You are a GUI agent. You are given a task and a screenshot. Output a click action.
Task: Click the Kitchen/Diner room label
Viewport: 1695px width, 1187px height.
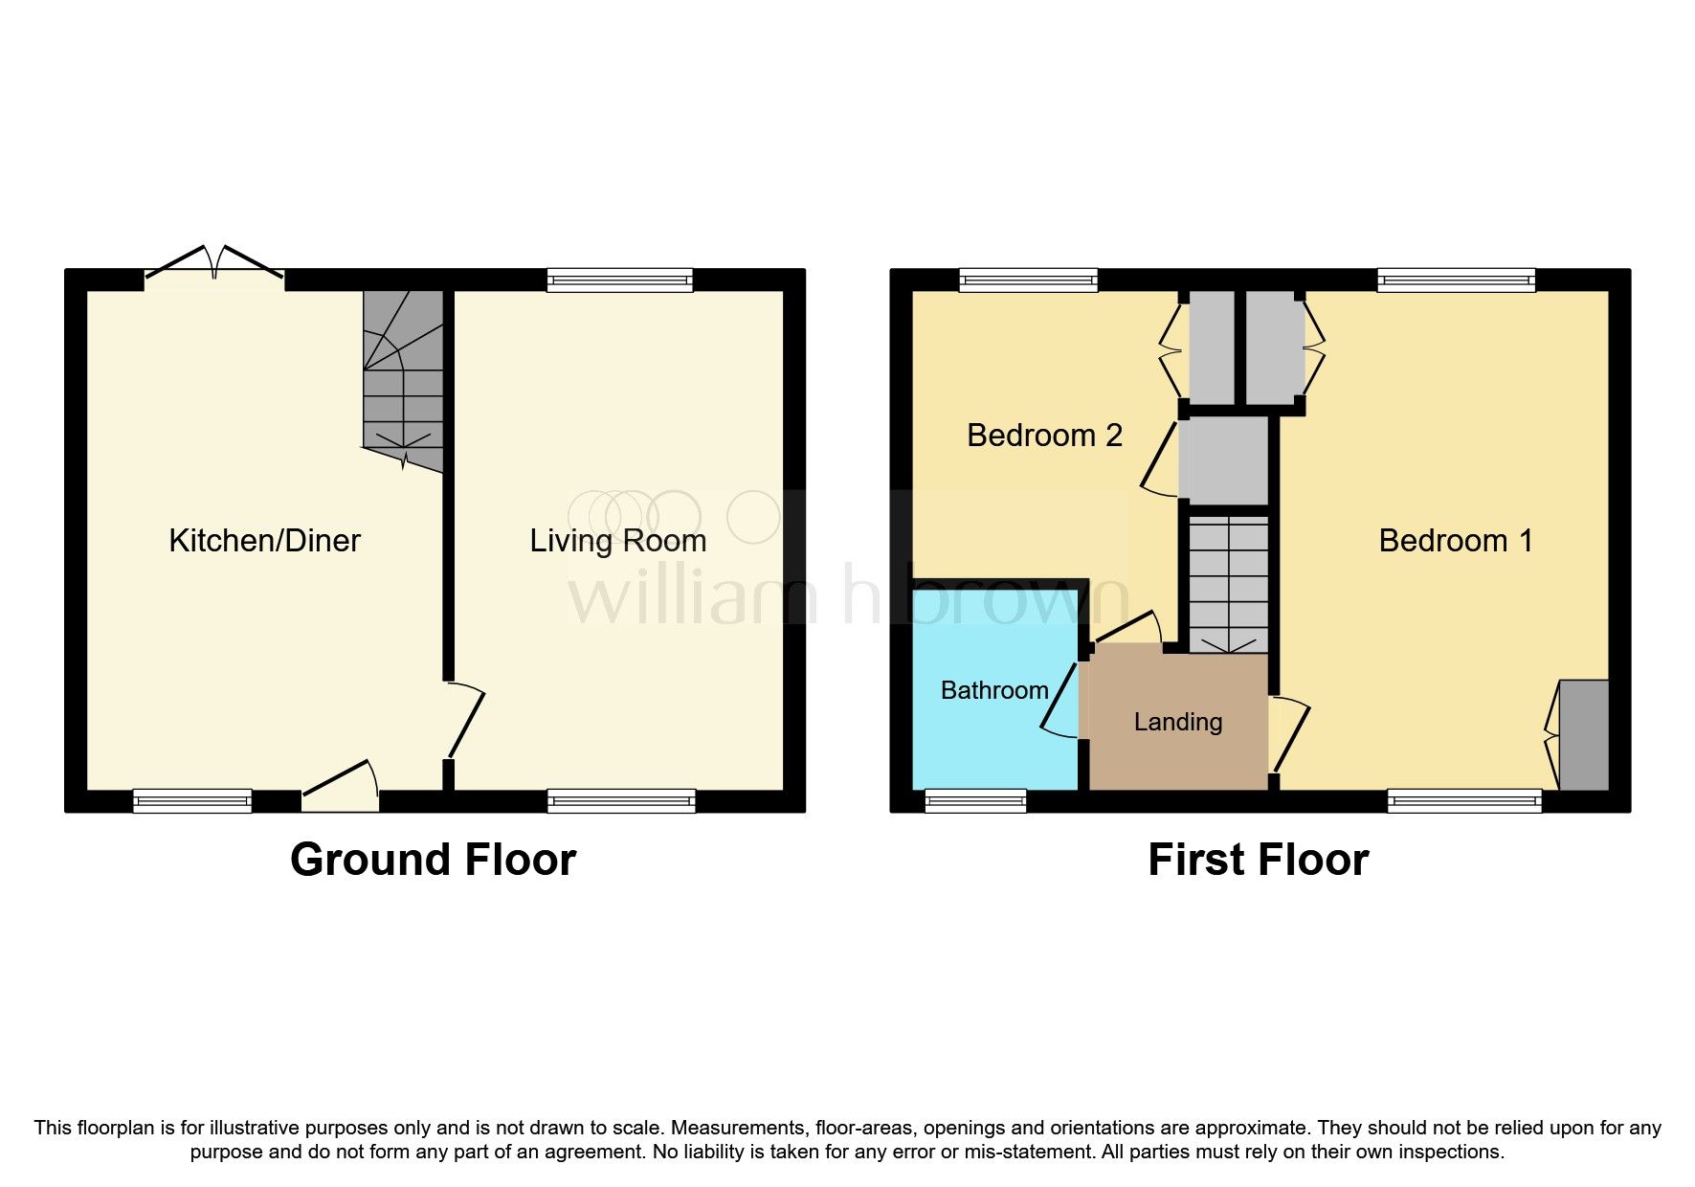(264, 541)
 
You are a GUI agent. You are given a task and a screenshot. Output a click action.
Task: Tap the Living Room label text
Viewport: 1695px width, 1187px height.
(618, 541)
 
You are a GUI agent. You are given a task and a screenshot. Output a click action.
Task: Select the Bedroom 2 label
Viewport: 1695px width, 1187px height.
(1044, 436)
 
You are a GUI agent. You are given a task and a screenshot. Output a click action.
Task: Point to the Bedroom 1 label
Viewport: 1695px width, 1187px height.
(1455, 541)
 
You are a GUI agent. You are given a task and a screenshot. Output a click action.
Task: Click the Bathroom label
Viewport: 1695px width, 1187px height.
(994, 690)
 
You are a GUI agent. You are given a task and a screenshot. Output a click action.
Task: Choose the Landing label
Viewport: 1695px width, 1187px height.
(1178, 722)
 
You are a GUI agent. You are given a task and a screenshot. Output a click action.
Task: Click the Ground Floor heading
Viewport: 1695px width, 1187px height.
(433, 860)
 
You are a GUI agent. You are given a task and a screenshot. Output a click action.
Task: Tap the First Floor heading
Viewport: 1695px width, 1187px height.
(1258, 860)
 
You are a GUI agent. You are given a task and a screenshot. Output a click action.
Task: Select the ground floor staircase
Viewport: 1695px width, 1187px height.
(404, 383)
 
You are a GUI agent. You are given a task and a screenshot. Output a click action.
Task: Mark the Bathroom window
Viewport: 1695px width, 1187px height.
(975, 801)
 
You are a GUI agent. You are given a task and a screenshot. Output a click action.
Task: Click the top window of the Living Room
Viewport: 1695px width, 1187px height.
(619, 280)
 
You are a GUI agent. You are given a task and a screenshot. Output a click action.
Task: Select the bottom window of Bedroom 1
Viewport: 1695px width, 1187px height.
(1464, 801)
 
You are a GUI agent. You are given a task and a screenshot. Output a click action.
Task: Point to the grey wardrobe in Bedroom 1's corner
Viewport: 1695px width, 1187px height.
(1584, 735)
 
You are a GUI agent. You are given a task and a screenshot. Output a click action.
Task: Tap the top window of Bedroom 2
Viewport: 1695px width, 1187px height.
(1028, 280)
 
